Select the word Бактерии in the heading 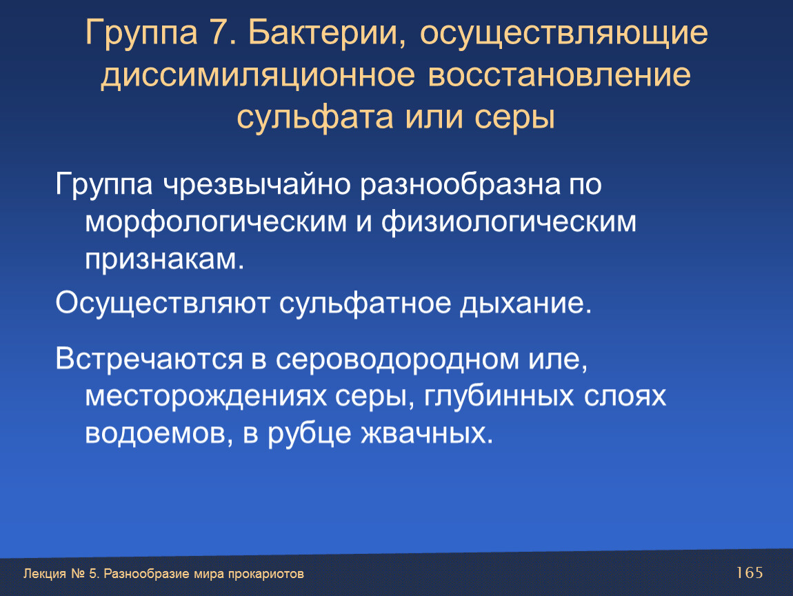click(x=327, y=33)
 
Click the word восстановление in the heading click(x=559, y=75)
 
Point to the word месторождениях click(x=205, y=397)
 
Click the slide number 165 click(x=750, y=573)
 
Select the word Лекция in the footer click(x=45, y=574)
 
